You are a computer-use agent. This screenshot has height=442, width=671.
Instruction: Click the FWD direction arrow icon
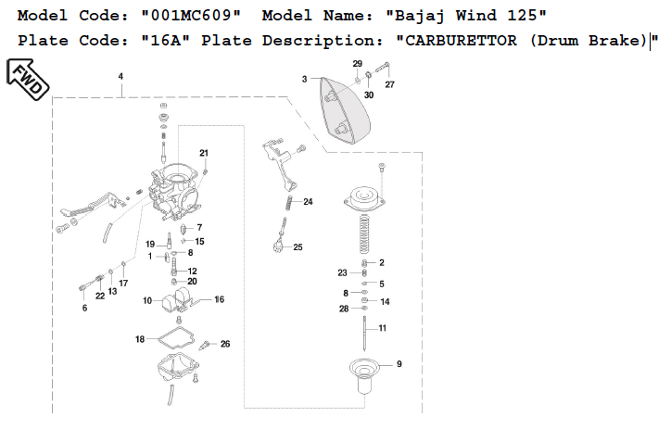point(29,79)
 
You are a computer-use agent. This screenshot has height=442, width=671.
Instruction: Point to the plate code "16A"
point(166,41)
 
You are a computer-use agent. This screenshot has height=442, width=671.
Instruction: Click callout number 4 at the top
point(121,77)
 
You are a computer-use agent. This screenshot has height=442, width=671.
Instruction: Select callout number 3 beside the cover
point(304,80)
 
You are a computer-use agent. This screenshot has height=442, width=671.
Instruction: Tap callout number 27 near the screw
point(389,84)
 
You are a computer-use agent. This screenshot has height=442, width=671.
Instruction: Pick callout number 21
point(204,153)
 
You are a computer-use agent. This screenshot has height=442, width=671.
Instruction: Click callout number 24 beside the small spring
point(308,201)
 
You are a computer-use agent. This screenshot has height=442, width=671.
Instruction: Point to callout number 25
point(298,247)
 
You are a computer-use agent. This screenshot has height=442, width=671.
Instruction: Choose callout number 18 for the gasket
point(140,340)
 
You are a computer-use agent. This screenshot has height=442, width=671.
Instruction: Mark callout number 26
point(224,344)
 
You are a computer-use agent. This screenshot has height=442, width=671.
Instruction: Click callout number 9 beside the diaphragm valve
point(399,364)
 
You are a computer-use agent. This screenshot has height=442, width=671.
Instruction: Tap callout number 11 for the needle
point(382,328)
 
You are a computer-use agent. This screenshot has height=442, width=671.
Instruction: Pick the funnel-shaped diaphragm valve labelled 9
point(366,373)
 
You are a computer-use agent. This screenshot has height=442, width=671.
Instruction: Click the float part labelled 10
point(177,299)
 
